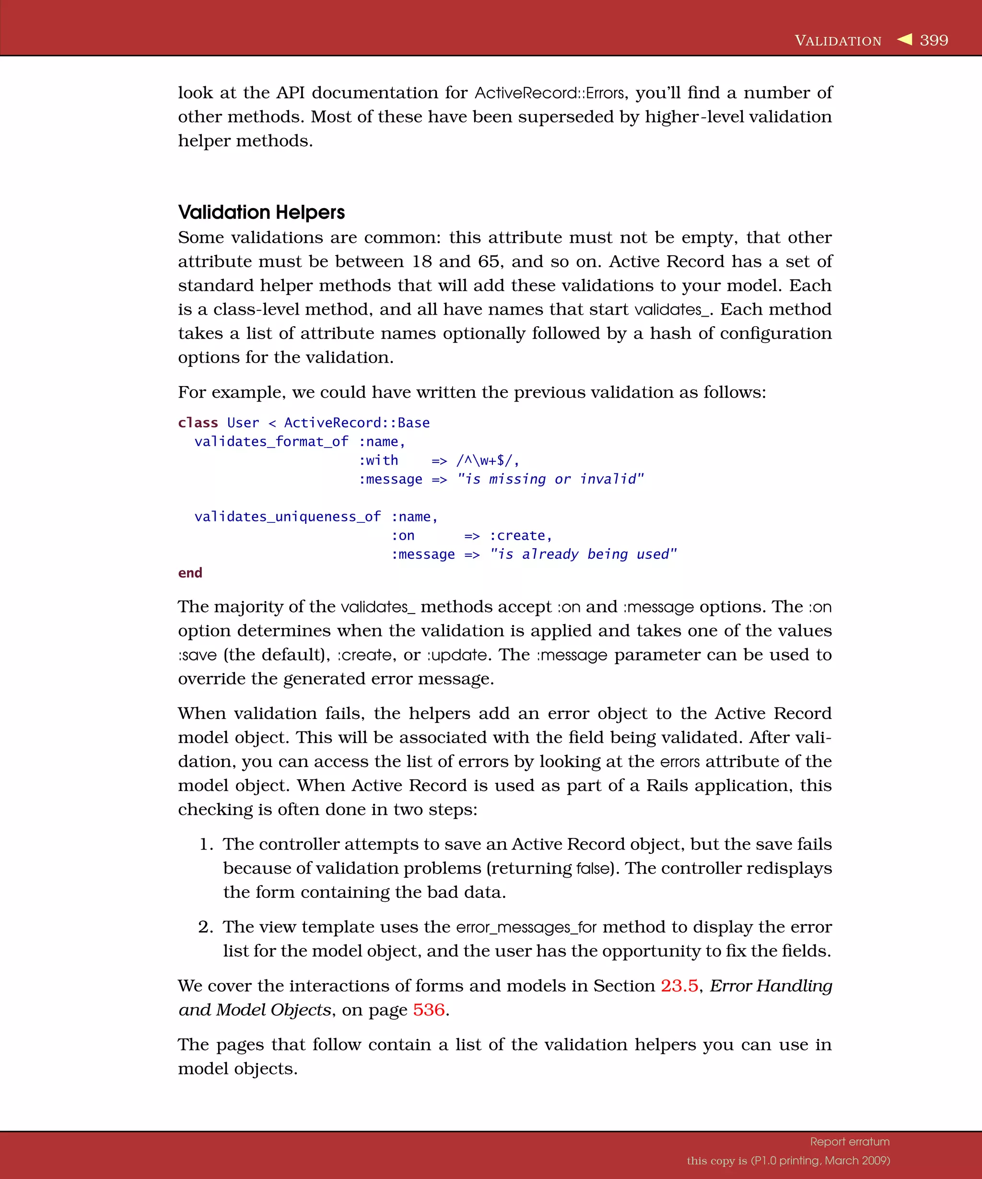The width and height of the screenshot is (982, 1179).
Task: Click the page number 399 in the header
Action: pyautogui.click(x=934, y=40)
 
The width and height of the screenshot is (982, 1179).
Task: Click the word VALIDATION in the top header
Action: pyautogui.click(x=838, y=41)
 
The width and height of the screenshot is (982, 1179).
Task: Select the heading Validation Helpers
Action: pyautogui.click(x=261, y=212)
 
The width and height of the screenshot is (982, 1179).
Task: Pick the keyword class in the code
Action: pyautogui.click(x=198, y=423)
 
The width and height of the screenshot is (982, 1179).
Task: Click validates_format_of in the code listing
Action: pyautogui.click(x=271, y=442)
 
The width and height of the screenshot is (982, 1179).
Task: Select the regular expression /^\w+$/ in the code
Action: pyautogui.click(x=487, y=461)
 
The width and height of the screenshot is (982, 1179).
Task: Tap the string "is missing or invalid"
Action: pyautogui.click(x=550, y=480)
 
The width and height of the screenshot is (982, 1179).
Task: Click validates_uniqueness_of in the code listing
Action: pyautogui.click(x=287, y=517)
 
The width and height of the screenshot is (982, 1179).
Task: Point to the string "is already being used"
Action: pyautogui.click(x=583, y=554)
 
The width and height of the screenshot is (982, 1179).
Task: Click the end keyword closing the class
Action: pyautogui.click(x=190, y=573)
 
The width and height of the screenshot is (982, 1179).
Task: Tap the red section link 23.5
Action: pyautogui.click(x=679, y=986)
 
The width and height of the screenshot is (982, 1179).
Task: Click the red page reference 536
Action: pyautogui.click(x=429, y=1010)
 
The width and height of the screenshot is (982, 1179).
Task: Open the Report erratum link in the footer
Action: pyautogui.click(x=850, y=1142)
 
